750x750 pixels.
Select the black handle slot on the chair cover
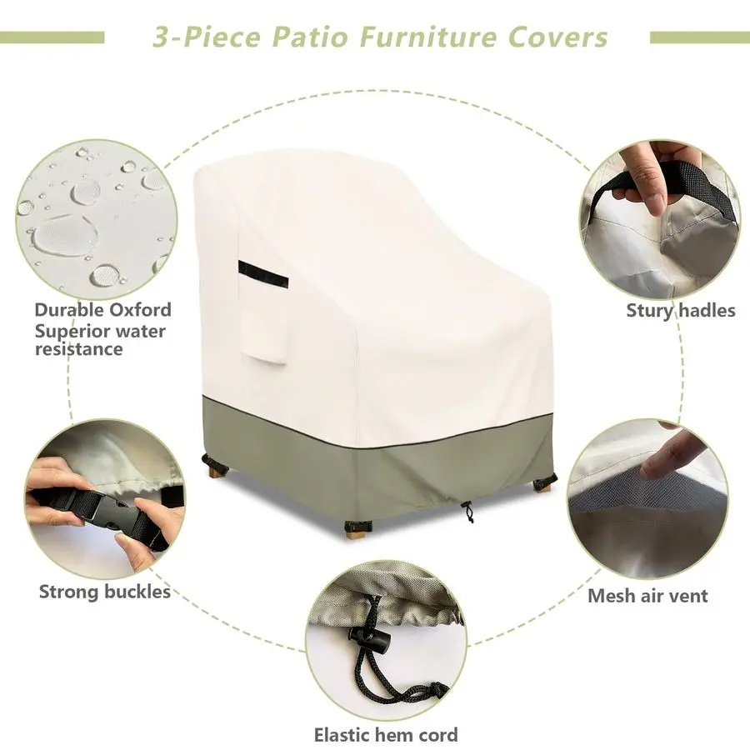pyautogui.click(x=263, y=275)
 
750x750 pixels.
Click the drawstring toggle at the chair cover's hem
pyautogui.click(x=467, y=512)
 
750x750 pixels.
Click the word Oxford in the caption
pyautogui.click(x=141, y=310)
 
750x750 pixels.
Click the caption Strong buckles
pyautogui.click(x=105, y=592)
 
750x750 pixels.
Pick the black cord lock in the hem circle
pyautogui.click(x=369, y=638)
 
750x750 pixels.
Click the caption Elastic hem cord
pyautogui.click(x=386, y=734)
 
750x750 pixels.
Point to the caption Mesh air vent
pyautogui.click(x=647, y=596)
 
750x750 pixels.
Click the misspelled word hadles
pyautogui.click(x=707, y=311)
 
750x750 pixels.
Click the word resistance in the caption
pyautogui.click(x=79, y=348)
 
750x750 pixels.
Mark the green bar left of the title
pyautogui.click(x=52, y=37)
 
